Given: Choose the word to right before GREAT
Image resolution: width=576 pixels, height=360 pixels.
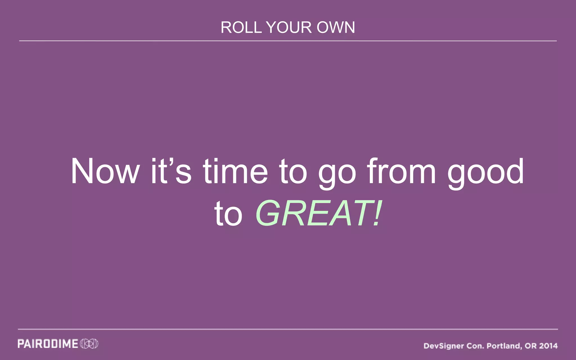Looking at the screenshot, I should (x=228, y=214).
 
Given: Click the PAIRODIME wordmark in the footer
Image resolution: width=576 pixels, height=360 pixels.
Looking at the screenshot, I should (x=48, y=344).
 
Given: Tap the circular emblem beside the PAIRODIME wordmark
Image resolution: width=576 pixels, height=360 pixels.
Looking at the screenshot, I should (x=89, y=344).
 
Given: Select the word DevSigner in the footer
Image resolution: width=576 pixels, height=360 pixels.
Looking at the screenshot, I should (x=444, y=346).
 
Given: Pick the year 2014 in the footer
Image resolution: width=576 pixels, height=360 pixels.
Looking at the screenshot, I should (x=548, y=346).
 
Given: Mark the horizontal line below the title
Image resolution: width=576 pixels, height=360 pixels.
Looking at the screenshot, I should (x=288, y=41).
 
